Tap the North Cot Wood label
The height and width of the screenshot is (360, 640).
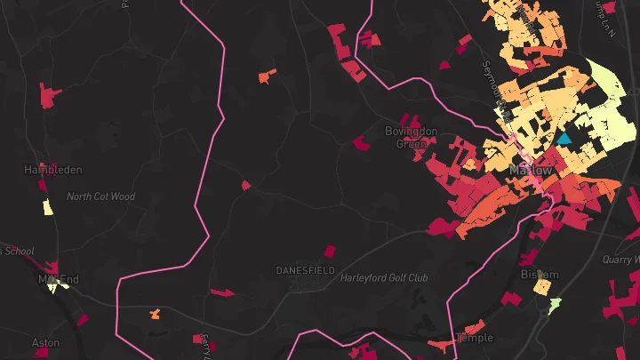pyautogui.click(x=100, y=196)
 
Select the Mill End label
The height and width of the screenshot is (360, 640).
pyautogui.click(x=57, y=279)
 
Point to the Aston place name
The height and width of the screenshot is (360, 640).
pyautogui.click(x=45, y=342)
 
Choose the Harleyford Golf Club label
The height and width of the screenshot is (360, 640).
pyautogui.click(x=384, y=278)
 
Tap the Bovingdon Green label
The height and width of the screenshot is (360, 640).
pyautogui.click(x=411, y=137)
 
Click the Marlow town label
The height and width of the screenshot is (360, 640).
pyautogui.click(x=531, y=170)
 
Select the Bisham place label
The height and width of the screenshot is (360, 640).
pyautogui.click(x=539, y=275)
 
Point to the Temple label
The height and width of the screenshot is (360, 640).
pyautogui.click(x=474, y=338)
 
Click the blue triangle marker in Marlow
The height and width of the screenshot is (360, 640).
pyautogui.click(x=564, y=139)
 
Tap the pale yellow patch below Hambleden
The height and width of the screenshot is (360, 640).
pyautogui.click(x=48, y=207)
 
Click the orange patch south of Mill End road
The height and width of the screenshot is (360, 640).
pyautogui.click(x=155, y=314)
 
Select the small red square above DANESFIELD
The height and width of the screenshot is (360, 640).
pyautogui.click(x=330, y=252)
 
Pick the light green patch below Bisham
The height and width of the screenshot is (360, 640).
pyautogui.click(x=555, y=306)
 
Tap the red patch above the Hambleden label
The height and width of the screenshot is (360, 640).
pyautogui.click(x=49, y=93)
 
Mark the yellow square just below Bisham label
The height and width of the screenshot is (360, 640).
pyautogui.click(x=542, y=289)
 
